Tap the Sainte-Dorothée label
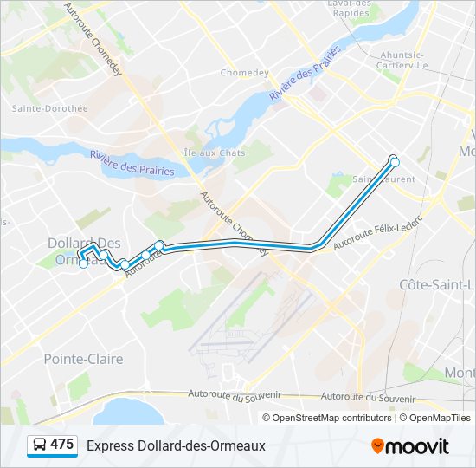50,108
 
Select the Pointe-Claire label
83,358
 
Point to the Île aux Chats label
215,153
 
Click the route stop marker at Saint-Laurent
395,161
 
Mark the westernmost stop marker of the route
83,264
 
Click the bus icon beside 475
40,445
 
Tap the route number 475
61,445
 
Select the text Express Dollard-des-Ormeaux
176,445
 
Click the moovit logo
410,445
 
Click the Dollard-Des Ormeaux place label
83,251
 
